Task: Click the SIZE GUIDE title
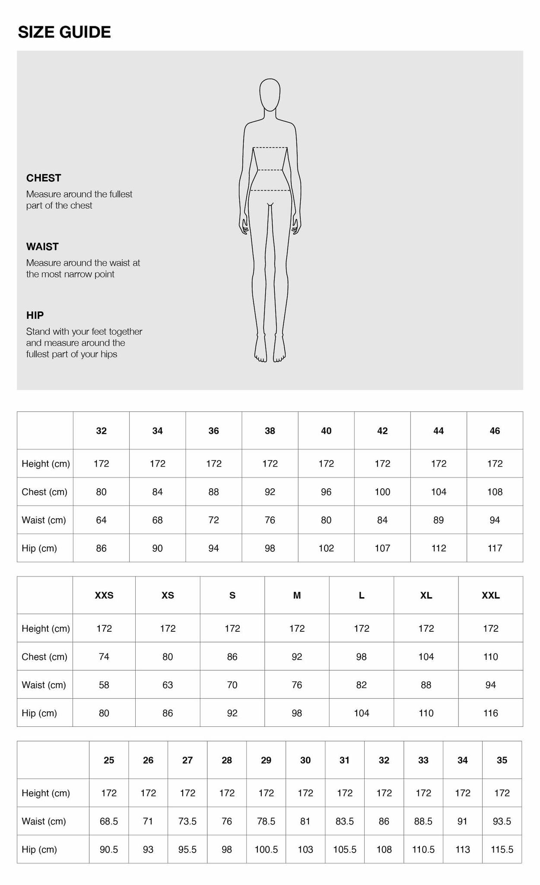pyautogui.click(x=64, y=32)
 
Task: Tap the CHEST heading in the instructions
pyautogui.click(x=44, y=178)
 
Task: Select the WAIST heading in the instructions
pyautogui.click(x=42, y=247)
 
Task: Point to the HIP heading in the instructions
pyautogui.click(x=35, y=315)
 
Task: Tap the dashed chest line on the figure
pyautogui.click(x=270, y=148)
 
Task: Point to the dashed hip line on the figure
pyautogui.click(x=270, y=190)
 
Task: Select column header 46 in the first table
pyautogui.click(x=495, y=431)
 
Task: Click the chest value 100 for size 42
pyautogui.click(x=382, y=492)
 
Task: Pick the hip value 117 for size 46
pyautogui.click(x=495, y=548)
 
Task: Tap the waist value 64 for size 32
pyautogui.click(x=101, y=520)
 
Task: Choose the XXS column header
pyautogui.click(x=104, y=595)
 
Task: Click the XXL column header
pyautogui.click(x=491, y=595)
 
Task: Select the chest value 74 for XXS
pyautogui.click(x=104, y=657)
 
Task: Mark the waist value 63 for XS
pyautogui.click(x=168, y=685)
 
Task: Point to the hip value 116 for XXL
pyautogui.click(x=491, y=713)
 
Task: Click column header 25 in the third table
pyautogui.click(x=109, y=760)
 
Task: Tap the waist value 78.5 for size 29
pyautogui.click(x=266, y=821)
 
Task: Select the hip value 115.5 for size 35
pyautogui.click(x=502, y=850)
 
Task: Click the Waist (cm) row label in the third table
pyautogui.click(x=44, y=821)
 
